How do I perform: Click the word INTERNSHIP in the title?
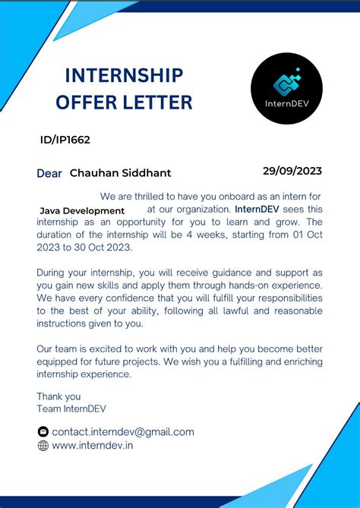click(124, 75)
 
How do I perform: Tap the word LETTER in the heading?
click(159, 102)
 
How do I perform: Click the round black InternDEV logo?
click(286, 89)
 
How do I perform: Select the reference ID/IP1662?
click(65, 140)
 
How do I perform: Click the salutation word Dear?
click(49, 173)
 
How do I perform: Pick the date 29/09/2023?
click(292, 170)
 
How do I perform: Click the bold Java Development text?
click(82, 210)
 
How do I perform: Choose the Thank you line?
click(58, 396)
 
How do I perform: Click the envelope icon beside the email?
click(43, 432)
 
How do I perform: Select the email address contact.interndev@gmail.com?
click(123, 432)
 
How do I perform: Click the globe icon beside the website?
click(43, 446)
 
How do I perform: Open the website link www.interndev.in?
click(93, 446)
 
